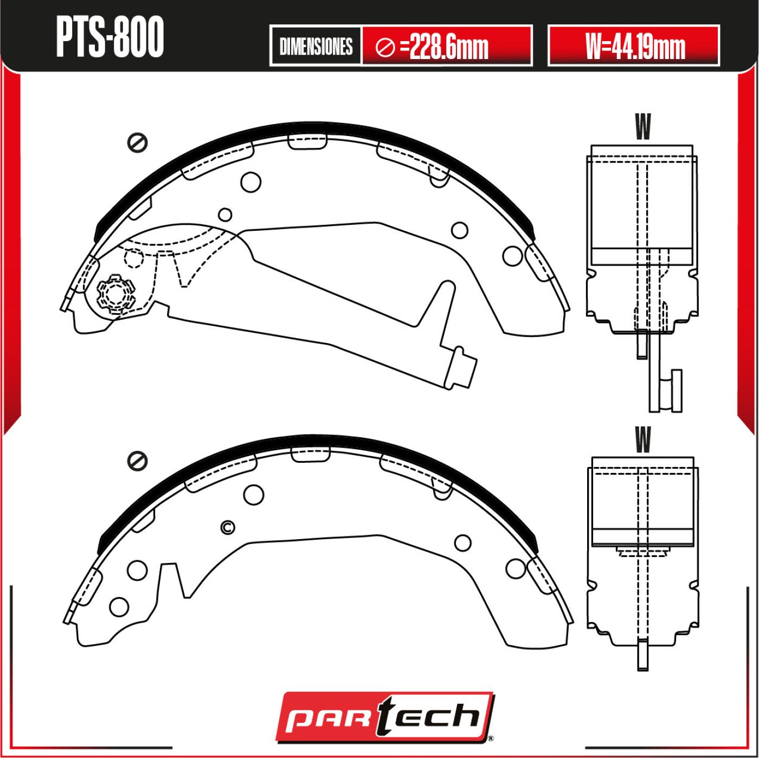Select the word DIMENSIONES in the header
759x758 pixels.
click(316, 47)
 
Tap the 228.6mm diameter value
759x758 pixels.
click(449, 47)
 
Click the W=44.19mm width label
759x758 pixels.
click(634, 47)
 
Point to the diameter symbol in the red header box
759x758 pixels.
click(385, 48)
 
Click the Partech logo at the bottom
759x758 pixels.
click(384, 716)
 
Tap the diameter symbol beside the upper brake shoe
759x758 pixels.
click(138, 142)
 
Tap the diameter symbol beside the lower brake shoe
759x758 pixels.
click(138, 461)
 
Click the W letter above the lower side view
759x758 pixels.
click(642, 439)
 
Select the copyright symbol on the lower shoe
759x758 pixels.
click(228, 527)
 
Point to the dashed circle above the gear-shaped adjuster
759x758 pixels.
click(134, 258)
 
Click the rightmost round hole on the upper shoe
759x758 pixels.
click(512, 256)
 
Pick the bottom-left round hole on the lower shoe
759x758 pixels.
click(119, 607)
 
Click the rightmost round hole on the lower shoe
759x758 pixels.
click(516, 568)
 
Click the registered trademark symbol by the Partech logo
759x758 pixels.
click(490, 738)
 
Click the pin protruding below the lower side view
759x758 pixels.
click(642, 656)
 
